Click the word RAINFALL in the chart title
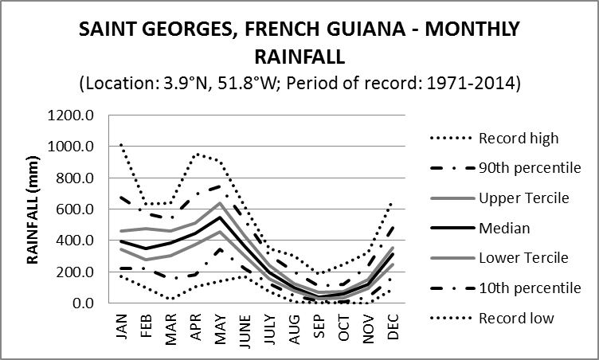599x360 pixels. (299, 57)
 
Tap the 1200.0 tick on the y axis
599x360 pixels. (73, 115)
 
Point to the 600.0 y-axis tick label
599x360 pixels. (76, 209)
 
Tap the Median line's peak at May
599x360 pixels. (220, 217)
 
